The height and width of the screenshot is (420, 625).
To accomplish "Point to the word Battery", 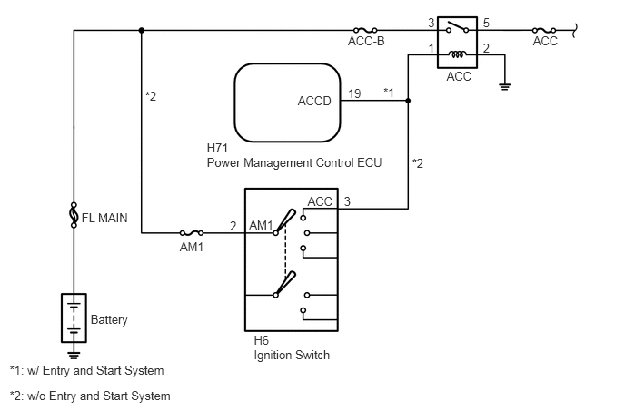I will click(x=110, y=320).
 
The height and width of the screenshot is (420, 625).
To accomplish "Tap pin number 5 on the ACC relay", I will click(x=486, y=22).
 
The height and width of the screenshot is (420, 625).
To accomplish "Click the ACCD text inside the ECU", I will click(x=314, y=101).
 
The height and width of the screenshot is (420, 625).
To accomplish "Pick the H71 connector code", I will click(x=219, y=147).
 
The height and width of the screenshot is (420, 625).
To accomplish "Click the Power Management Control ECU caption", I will click(x=294, y=163).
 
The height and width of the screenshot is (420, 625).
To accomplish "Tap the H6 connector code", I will click(x=262, y=340).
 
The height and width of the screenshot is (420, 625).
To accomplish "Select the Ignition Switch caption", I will click(x=292, y=356).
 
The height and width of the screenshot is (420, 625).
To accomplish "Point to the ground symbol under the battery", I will click(x=74, y=355).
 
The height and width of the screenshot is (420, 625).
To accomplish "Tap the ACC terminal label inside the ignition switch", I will click(x=320, y=201).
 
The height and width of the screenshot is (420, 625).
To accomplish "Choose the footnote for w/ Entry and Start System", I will click(x=87, y=371).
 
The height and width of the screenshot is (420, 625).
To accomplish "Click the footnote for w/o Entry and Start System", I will click(x=90, y=396).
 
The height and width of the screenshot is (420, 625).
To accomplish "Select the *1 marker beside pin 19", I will click(x=389, y=92).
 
